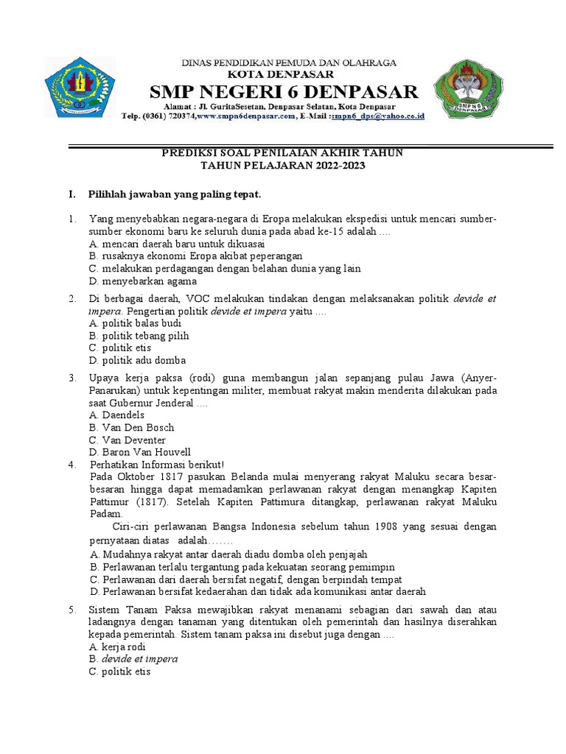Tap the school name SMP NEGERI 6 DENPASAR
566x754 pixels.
coord(284,93)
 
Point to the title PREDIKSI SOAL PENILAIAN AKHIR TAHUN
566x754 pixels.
coord(283,152)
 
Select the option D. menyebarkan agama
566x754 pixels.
coord(142,281)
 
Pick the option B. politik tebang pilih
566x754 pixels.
coord(139,336)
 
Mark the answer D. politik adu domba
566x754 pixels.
coord(137,361)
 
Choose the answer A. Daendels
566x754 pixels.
coord(116,415)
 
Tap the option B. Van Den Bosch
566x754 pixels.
coord(131,428)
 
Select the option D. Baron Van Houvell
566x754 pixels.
coord(139,452)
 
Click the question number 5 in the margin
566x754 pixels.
coord(72,610)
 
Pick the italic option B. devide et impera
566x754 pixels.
coord(133,659)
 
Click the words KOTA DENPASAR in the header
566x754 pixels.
coord(284,74)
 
